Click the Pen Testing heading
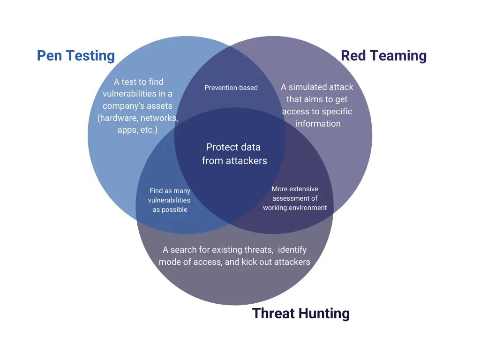[76, 56]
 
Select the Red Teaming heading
[383, 56]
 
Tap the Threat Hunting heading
[301, 313]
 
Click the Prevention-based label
[231, 88]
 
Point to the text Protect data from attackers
[234, 154]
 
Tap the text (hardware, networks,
[138, 118]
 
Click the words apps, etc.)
[137, 130]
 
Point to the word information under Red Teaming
[318, 124]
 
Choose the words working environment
[295, 208]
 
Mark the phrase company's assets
[137, 106]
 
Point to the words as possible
[170, 210]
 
